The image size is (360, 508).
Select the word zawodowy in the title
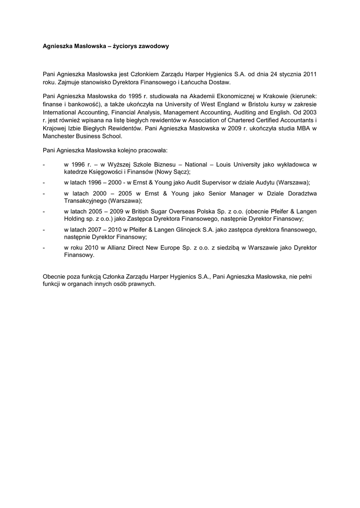[x=155, y=46]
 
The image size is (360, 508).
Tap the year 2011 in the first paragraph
[x=309, y=74]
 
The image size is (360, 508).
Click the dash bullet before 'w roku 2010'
[x=44, y=247]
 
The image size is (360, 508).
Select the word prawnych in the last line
[x=142, y=284]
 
